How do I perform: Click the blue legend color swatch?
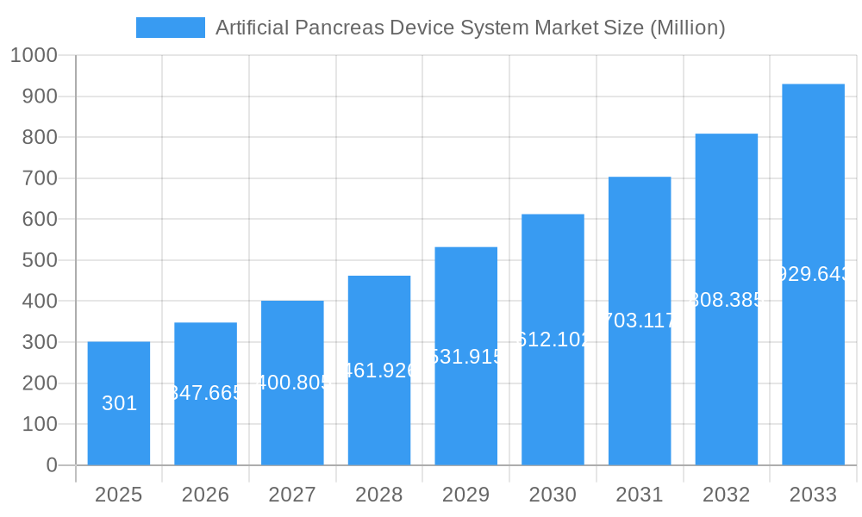click(x=171, y=28)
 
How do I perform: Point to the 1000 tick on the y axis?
click(x=34, y=56)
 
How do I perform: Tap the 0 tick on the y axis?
click(x=51, y=465)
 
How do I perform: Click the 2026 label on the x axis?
click(x=205, y=495)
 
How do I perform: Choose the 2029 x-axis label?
click(x=465, y=495)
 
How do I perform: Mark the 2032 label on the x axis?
click(x=726, y=495)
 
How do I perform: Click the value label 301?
click(x=119, y=403)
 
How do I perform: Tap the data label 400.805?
click(x=292, y=383)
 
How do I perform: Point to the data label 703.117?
click(x=640, y=321)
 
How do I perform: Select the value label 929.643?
click(x=813, y=274)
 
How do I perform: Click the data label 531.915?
click(x=465, y=357)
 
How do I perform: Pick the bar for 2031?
click(x=640, y=388)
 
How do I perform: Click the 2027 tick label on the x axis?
click(x=292, y=495)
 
